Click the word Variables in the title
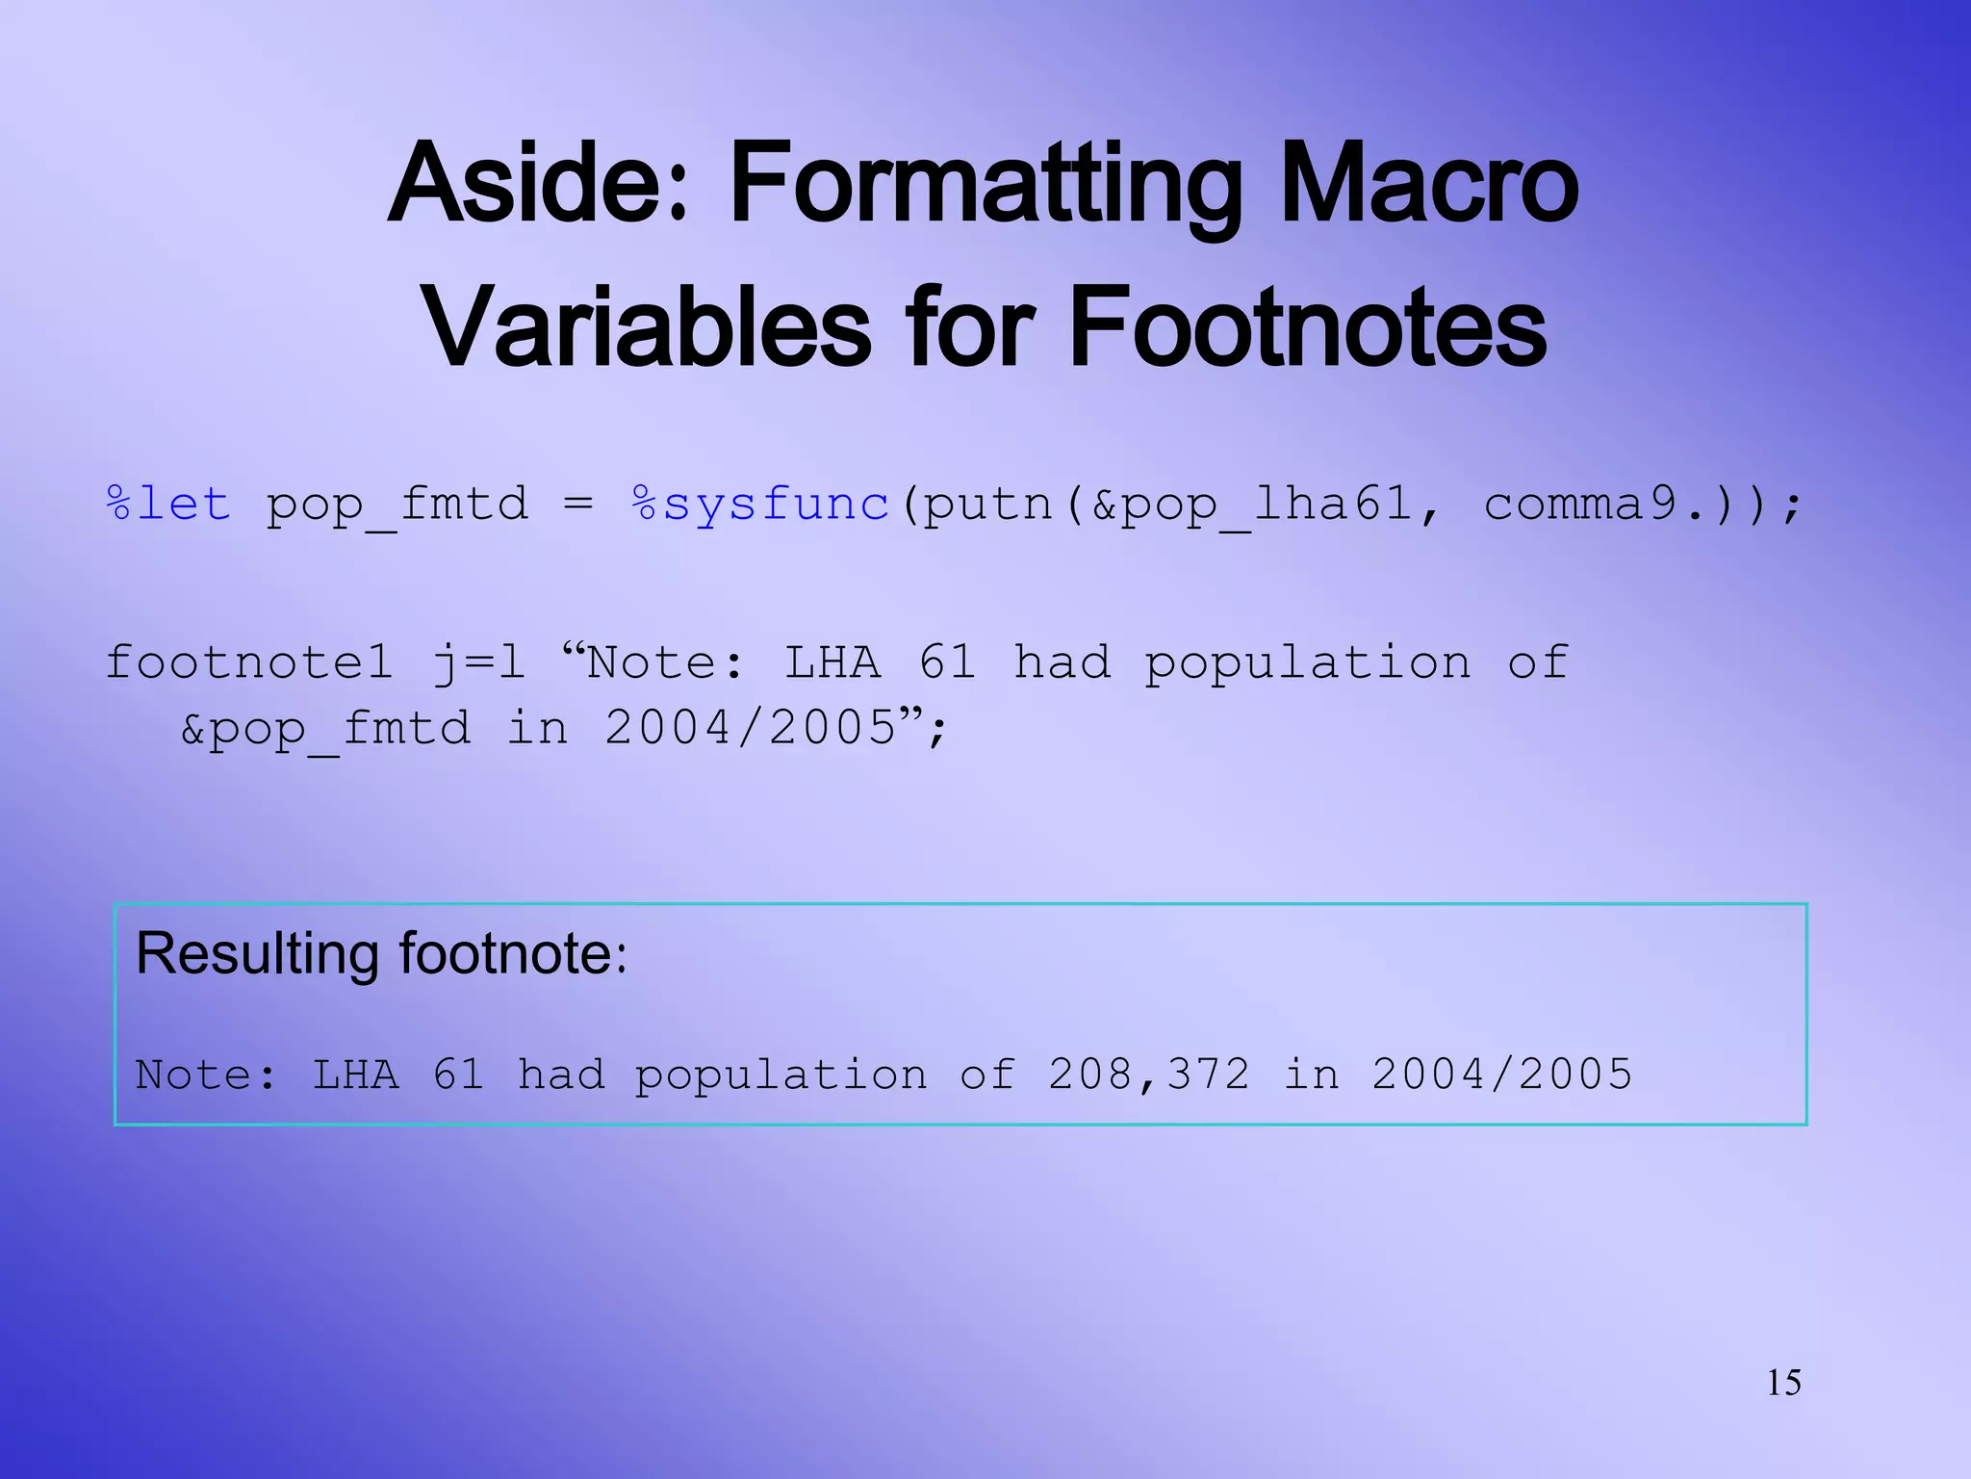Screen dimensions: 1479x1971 pos(646,328)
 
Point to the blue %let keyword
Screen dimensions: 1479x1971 pos(168,504)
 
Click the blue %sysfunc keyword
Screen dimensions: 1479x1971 pos(760,504)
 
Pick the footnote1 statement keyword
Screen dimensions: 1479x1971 pos(248,662)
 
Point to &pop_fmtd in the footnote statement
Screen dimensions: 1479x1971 pos(325,729)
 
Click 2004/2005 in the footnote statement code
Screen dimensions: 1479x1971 pos(751,727)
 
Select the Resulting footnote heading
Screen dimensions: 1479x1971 pos(381,954)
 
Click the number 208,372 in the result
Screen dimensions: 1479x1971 pos(1148,1075)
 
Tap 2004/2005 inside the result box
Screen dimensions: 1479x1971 pos(1501,1075)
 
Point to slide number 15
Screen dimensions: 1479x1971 pos(1783,1383)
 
